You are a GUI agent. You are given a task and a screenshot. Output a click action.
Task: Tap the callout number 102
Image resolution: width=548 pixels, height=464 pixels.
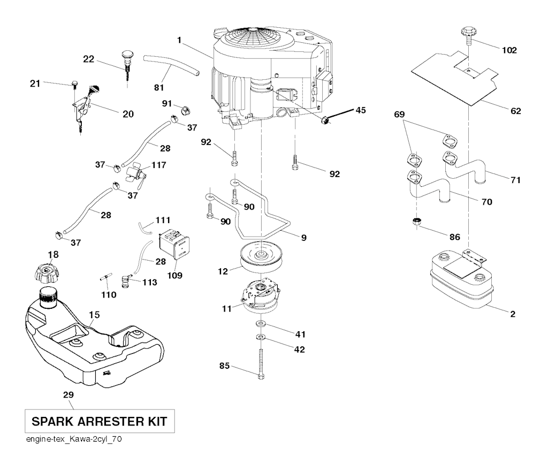pos(509,50)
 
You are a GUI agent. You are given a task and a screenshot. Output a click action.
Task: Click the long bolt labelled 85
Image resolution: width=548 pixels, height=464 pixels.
pos(261,363)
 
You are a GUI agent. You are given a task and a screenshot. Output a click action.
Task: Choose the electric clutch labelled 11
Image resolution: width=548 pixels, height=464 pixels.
pos(261,297)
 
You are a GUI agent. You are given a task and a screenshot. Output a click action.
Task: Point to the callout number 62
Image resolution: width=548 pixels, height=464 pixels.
pos(515,111)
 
